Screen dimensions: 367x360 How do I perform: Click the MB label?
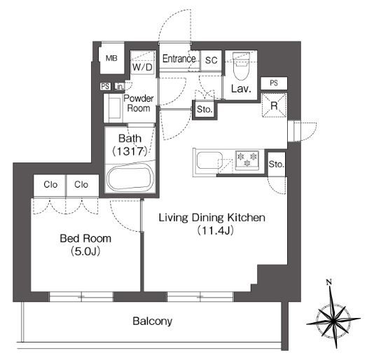111,58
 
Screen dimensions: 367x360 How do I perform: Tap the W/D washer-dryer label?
142,67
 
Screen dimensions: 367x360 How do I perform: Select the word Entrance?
179,59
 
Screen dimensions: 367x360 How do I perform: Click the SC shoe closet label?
211,60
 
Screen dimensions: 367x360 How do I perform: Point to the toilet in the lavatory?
241,66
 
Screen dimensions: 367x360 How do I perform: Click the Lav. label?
241,88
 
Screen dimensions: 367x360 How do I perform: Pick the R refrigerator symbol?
274,106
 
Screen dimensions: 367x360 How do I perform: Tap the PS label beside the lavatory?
274,83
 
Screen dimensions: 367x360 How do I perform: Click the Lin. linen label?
119,87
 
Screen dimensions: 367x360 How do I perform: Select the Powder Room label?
139,103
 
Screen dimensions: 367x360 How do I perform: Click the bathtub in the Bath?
130,179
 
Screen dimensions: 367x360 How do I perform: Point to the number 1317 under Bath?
130,151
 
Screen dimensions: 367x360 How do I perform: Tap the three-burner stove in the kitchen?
247,160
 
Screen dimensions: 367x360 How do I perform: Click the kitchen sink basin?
209,160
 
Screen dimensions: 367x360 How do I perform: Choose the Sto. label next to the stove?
277,164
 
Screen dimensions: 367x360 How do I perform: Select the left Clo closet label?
50,185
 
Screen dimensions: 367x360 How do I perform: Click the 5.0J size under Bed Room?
85,251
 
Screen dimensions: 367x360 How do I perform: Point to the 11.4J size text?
215,230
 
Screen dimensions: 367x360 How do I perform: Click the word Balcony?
153,321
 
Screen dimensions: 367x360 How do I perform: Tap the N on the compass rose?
329,282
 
